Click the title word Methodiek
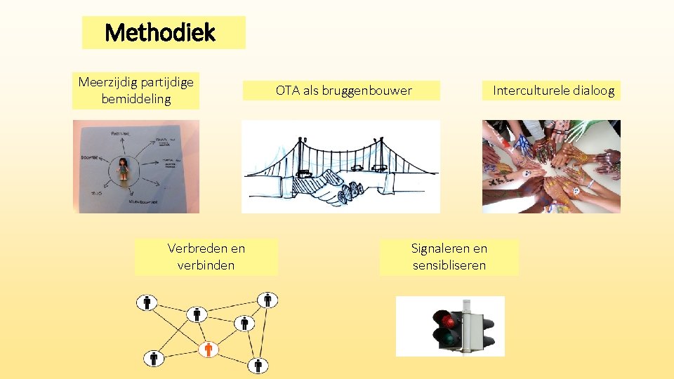click(x=160, y=32)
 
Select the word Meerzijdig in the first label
click(x=108, y=82)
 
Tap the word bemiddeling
click(x=136, y=99)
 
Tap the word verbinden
click(x=206, y=265)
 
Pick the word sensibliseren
click(x=449, y=265)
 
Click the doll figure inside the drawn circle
click(x=124, y=169)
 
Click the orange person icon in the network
click(x=208, y=350)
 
